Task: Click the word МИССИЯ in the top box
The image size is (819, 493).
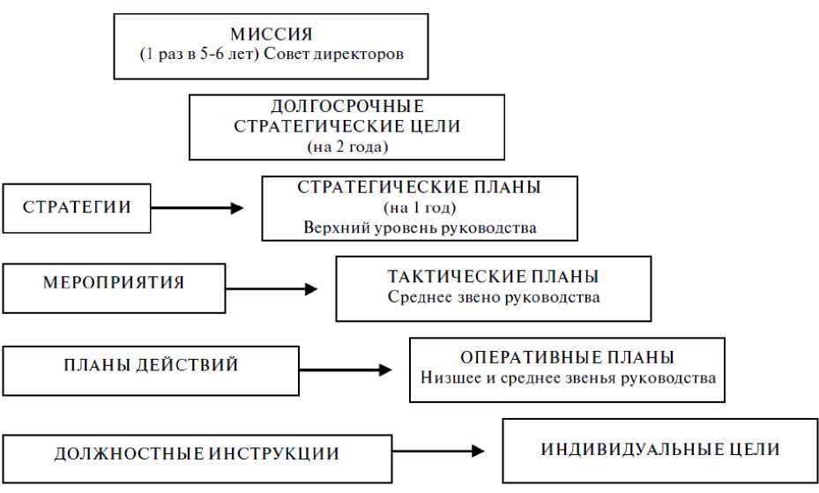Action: click(271, 34)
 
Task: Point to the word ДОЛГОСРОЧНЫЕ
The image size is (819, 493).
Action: click(346, 107)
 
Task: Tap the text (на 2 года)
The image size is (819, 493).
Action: click(346, 146)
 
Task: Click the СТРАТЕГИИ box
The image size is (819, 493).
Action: click(77, 208)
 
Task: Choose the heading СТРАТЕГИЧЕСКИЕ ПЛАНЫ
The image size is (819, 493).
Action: click(419, 188)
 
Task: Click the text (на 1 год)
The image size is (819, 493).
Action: click(419, 208)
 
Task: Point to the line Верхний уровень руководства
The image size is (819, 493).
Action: click(419, 228)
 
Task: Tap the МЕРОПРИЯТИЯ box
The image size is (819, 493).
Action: click(114, 284)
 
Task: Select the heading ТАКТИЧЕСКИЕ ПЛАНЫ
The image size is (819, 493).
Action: click(493, 277)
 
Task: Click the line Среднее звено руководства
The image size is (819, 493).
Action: click(493, 297)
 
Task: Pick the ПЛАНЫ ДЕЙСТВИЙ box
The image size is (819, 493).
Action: click(151, 365)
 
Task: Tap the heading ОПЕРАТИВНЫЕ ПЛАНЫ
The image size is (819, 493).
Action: click(567, 358)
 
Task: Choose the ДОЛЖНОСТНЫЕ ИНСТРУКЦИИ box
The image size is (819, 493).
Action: click(197, 455)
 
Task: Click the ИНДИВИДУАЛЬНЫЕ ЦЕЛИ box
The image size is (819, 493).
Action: click(659, 450)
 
